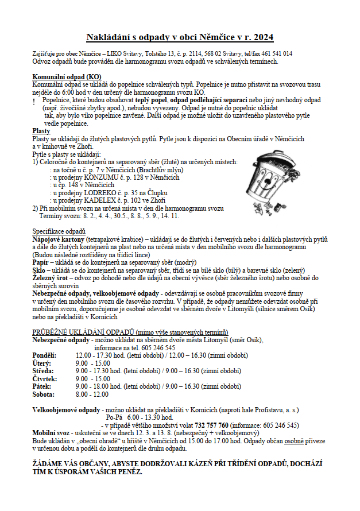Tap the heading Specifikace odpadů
(x=59, y=231)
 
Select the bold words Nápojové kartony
(x=59, y=238)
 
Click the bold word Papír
(x=40, y=261)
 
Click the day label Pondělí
(x=44, y=356)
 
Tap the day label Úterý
(x=42, y=363)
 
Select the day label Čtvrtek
(x=45, y=378)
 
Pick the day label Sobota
(x=43, y=394)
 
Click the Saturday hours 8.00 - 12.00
(x=92, y=394)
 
